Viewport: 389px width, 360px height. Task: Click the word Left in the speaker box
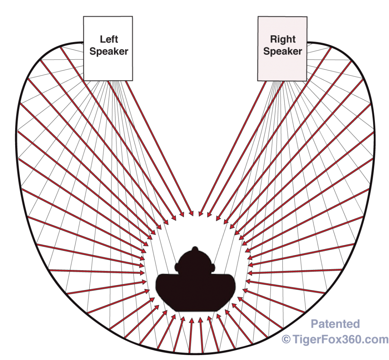(109, 39)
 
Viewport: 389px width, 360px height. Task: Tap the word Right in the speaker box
(283, 39)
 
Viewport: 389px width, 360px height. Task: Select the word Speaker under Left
(109, 51)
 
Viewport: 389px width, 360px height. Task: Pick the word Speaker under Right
(283, 51)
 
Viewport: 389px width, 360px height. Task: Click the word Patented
(335, 324)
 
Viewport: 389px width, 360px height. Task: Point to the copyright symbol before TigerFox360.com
(286, 339)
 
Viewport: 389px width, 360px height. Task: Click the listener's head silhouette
(195, 262)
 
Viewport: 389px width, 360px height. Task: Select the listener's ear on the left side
(177, 267)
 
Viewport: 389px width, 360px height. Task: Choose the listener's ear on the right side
(213, 267)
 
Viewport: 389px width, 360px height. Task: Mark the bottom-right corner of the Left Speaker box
(133, 81)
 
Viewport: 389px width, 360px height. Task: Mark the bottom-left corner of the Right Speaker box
(258, 81)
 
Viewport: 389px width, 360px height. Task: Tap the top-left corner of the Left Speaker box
(84, 17)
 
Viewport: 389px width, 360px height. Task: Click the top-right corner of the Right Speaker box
(307, 17)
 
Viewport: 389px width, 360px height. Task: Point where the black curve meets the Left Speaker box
(84, 43)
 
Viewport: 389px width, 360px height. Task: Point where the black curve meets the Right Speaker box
(307, 42)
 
